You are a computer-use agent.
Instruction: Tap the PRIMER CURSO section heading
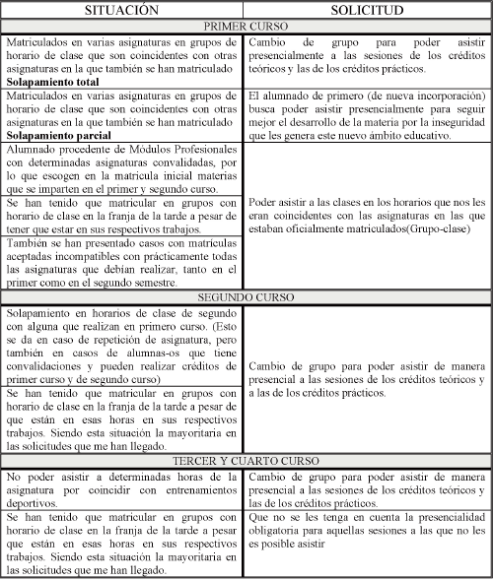[247, 29]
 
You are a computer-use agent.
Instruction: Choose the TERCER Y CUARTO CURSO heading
[247, 461]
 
